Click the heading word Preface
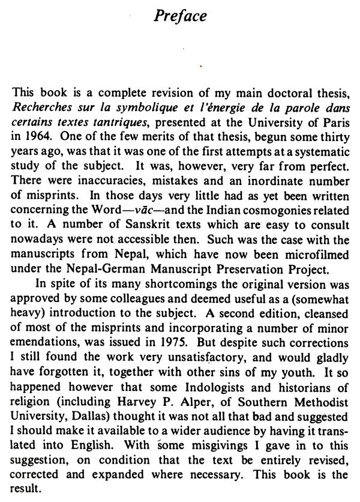click(x=181, y=17)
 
